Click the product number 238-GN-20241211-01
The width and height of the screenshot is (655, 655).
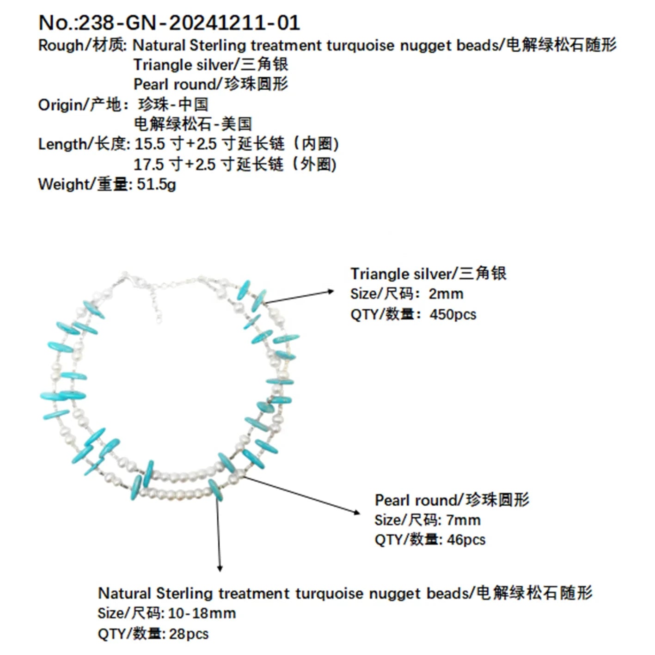coord(190,23)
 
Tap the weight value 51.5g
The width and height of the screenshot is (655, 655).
coord(156,184)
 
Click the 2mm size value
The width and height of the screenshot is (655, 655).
coord(446,294)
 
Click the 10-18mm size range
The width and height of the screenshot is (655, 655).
coord(202,613)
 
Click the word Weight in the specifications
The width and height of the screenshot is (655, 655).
coord(63,184)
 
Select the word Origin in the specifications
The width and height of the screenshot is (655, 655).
coord(60,104)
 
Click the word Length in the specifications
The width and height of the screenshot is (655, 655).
coord(62,145)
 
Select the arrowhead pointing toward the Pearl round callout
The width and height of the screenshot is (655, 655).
coord(356,512)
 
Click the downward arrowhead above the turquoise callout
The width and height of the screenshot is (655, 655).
coord(220,569)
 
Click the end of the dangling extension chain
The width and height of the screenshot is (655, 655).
coord(159,320)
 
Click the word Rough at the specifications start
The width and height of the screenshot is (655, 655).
coord(60,46)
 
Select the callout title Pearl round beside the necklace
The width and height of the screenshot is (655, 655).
coord(417,501)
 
